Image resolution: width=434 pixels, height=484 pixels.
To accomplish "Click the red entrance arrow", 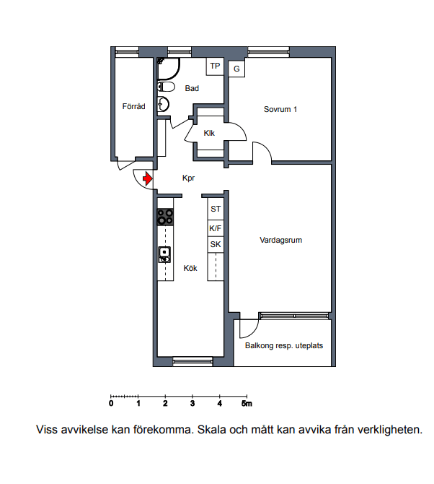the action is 148,178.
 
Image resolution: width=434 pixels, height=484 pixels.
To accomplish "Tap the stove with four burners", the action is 165,217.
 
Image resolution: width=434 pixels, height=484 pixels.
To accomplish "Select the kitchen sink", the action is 164,255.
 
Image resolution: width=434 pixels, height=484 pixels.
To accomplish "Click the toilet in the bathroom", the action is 166,87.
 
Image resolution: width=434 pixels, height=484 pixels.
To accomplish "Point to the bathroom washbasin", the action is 163,104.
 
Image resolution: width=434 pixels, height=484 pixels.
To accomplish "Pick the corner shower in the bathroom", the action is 168,69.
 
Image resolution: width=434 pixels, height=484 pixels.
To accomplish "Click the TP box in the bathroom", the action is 215,66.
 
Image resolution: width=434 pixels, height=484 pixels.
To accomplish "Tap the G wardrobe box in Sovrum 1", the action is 236,69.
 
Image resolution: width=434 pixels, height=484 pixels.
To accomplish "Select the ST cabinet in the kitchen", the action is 216,209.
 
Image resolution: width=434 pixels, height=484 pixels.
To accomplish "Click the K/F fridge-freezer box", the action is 216,228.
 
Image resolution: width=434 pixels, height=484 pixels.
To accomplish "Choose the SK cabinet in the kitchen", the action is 216,244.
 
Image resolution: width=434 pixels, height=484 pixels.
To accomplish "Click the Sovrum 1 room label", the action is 280,109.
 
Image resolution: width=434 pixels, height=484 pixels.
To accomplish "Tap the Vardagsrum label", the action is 280,240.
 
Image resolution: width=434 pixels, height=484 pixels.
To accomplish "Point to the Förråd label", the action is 133,106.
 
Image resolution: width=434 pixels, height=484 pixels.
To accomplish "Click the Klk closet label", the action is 209,133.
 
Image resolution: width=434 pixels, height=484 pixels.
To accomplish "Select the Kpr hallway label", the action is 188,178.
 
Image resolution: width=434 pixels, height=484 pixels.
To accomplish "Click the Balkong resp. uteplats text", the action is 284,346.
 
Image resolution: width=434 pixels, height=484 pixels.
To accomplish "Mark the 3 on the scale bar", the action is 192,403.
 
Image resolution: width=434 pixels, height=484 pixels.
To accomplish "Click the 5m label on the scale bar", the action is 247,403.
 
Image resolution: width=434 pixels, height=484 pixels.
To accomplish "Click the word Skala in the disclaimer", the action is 211,429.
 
